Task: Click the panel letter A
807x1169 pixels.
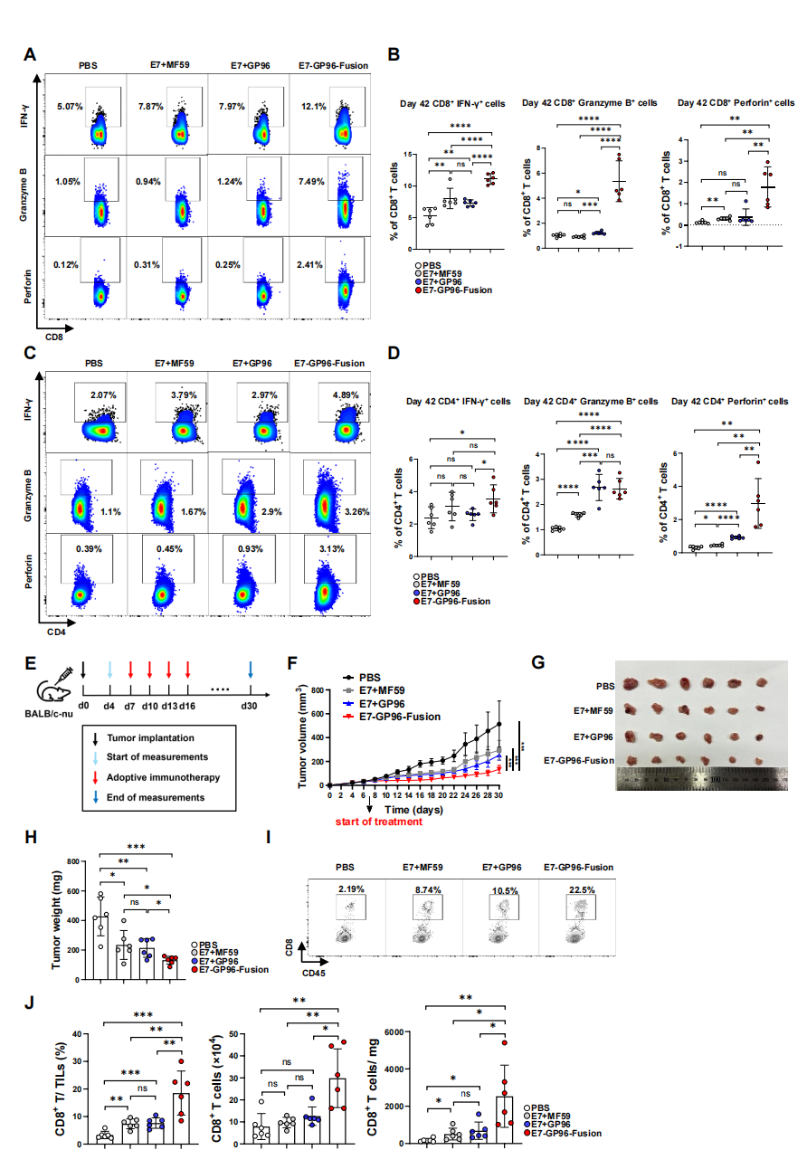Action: coord(31,55)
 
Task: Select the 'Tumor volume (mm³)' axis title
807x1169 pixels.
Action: coord(301,737)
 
